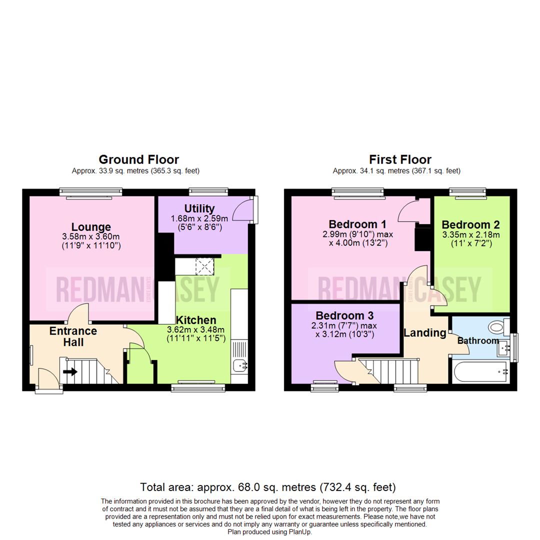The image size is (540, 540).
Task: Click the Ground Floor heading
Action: (x=138, y=159)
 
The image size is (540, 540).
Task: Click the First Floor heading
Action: (x=400, y=159)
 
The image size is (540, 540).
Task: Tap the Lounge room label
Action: (x=90, y=227)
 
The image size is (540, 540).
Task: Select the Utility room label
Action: (x=199, y=208)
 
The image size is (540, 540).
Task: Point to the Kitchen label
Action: (x=195, y=320)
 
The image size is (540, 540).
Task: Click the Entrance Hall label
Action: (x=66, y=336)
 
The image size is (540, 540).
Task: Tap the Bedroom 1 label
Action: (x=352, y=223)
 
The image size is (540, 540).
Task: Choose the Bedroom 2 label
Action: (x=470, y=224)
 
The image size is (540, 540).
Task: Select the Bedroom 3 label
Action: (x=344, y=315)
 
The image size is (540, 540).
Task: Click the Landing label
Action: (x=425, y=332)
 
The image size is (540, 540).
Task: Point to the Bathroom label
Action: (x=478, y=340)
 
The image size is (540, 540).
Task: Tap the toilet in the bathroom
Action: (x=496, y=327)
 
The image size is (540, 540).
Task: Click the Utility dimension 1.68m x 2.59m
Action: (x=199, y=218)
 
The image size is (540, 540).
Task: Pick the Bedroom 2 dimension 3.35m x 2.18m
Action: (x=470, y=234)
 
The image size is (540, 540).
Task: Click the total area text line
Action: (x=268, y=486)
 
